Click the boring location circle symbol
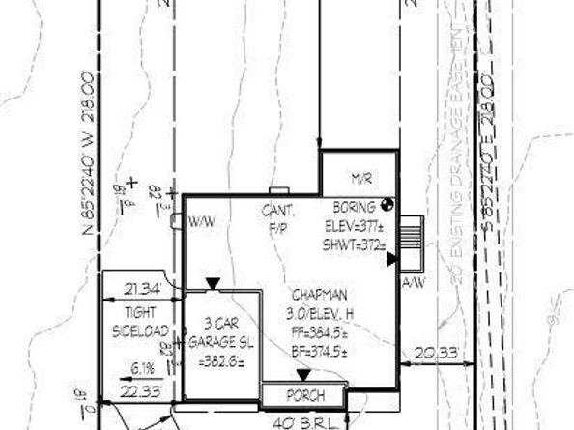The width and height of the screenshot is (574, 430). tap(387, 205)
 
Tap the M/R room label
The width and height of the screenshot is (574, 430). tap(361, 179)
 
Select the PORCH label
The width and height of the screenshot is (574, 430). tap(302, 396)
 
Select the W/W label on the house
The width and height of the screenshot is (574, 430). tap(202, 221)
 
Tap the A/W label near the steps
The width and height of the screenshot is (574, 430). tap(413, 282)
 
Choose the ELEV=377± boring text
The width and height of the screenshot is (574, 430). tap(356, 229)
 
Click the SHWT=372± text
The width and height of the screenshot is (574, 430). tap(355, 246)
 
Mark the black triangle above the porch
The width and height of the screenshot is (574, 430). tap(302, 376)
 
